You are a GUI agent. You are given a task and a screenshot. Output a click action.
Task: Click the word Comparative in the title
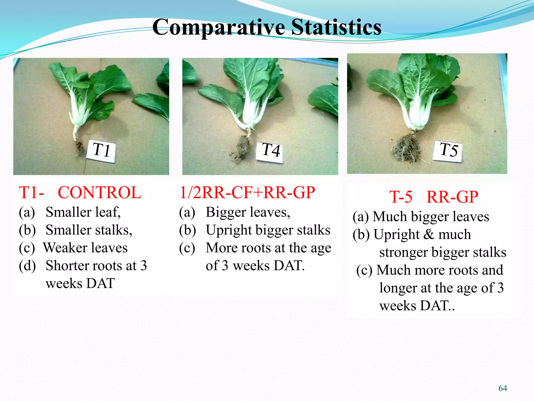coord(219,27)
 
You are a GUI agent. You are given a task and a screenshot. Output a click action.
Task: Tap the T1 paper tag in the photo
coord(101,151)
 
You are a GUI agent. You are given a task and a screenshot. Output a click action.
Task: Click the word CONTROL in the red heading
coord(99,193)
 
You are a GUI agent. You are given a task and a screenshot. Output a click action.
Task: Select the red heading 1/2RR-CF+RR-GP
coord(247,193)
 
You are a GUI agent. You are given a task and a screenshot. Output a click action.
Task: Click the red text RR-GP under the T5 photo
coord(452,197)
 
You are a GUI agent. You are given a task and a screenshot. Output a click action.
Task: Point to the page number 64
coord(502,388)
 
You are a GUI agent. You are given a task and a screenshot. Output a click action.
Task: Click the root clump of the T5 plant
coord(405,149)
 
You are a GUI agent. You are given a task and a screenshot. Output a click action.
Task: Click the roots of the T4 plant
coord(241,149)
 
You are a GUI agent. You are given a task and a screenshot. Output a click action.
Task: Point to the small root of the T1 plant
coord(78,146)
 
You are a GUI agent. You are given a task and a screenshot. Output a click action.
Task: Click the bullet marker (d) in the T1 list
coord(27,266)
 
